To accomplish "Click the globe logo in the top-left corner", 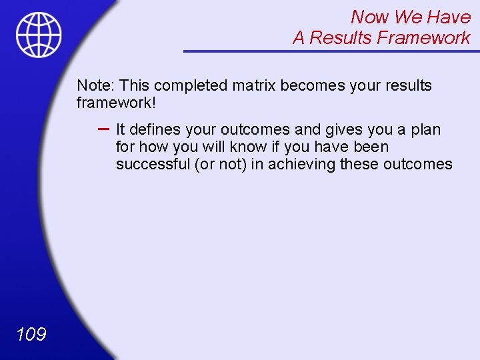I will [39, 35].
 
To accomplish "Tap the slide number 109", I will [31, 333].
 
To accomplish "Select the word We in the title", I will [408, 17].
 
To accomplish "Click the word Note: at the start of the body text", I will [96, 86].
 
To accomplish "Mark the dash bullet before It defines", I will [103, 128].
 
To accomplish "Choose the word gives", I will [343, 129].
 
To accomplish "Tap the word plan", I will [426, 129].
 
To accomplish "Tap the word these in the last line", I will [359, 164].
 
